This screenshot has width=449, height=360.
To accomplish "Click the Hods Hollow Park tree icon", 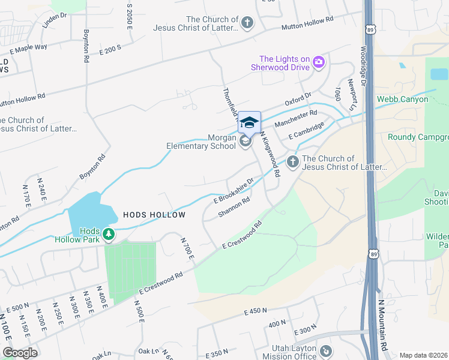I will (108, 233).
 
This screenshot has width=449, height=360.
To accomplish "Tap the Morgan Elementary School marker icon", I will (245, 141).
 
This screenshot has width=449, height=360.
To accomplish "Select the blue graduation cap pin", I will (249, 123).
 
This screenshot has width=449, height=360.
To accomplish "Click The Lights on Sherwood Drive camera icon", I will (318, 62).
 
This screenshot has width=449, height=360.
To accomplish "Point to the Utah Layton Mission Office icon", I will (325, 350).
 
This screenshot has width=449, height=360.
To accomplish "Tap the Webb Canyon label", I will (402, 99).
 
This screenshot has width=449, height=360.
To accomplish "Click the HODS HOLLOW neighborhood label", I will (154, 214).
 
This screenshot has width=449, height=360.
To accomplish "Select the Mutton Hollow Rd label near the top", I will (309, 23).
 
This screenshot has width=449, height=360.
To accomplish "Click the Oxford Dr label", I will (298, 98).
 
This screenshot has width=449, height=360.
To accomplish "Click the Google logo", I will (19, 352).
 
